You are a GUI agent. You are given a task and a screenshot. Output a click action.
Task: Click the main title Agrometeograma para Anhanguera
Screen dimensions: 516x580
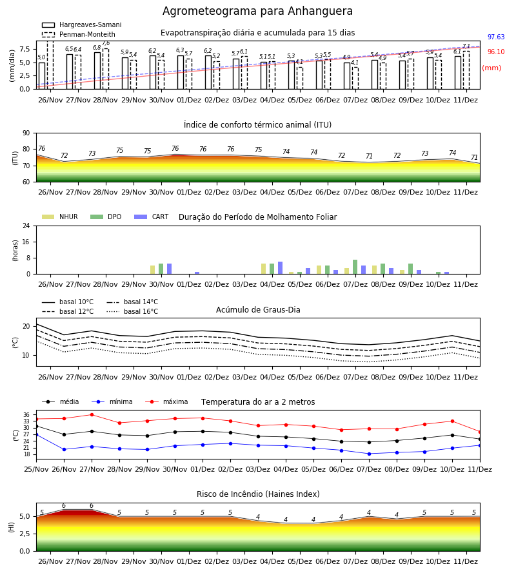pos(257,11)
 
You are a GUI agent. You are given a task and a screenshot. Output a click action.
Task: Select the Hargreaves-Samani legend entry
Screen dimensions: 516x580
pos(82,24)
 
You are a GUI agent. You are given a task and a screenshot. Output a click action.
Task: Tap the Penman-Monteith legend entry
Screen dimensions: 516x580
pos(79,34)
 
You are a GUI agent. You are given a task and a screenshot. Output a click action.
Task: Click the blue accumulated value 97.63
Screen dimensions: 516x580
pos(496,37)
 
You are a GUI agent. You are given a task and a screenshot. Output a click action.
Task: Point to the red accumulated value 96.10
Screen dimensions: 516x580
pos(496,52)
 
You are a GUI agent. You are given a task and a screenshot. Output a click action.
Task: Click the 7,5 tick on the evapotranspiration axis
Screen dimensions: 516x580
pos(25,49)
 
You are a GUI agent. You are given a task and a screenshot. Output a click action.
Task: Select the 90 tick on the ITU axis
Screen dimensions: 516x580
pos(26,133)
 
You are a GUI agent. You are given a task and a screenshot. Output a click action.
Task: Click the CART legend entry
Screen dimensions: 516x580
pos(152,217)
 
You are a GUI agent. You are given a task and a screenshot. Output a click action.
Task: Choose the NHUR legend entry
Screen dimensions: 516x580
pos(60,217)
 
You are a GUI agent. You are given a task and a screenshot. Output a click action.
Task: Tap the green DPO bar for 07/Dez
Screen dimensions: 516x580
pos(355,267)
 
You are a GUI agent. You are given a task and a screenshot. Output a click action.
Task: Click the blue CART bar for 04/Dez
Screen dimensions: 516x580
pos(280,268)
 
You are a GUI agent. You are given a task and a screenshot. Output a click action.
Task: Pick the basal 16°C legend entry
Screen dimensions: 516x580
pos(132,311)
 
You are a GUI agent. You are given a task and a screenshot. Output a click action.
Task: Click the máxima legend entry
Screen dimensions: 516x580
pos(166,401)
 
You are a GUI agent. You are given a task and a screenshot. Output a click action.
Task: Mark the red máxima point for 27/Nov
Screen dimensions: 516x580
pos(92,414)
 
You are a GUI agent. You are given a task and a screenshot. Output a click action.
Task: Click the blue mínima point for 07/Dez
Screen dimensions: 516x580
pos(369,454)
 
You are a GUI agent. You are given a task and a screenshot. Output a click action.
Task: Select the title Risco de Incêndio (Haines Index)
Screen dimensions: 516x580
pos(258,494)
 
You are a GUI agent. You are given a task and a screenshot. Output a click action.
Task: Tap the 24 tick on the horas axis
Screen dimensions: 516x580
pos(26,226)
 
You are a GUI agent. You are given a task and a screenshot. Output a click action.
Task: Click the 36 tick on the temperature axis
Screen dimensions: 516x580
pos(27,414)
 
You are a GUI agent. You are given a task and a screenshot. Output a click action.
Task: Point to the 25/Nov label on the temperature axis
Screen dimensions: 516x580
pos(36,469)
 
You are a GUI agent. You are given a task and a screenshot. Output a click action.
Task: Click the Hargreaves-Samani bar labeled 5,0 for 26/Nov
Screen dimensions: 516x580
pos(42,76)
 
